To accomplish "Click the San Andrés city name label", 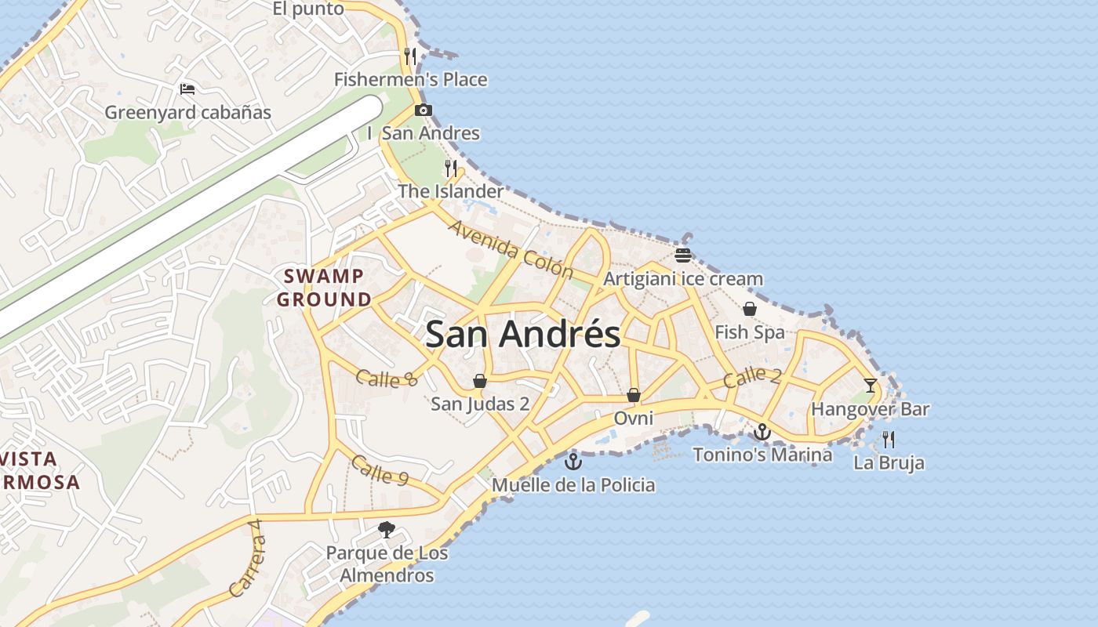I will click(x=522, y=335).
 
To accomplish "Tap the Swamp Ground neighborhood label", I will click(x=324, y=288).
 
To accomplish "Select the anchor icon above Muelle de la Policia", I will click(x=573, y=461).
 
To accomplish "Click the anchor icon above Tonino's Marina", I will click(x=762, y=431).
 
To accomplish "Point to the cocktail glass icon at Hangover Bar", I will click(x=870, y=385).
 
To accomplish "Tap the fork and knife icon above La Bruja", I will click(x=888, y=439).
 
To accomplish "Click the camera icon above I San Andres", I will click(x=424, y=110).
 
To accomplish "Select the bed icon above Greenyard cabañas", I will click(x=187, y=89).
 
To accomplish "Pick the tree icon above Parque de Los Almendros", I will click(x=386, y=530).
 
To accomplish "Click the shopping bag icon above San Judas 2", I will click(x=480, y=381).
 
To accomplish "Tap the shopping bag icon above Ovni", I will click(x=633, y=395).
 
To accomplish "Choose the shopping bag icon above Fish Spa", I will click(x=750, y=309).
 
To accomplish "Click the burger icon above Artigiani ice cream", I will click(x=682, y=256).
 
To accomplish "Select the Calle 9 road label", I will click(x=380, y=469).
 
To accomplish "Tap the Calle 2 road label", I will click(x=751, y=377).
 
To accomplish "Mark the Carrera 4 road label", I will click(x=245, y=557).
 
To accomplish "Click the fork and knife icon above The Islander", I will click(x=450, y=168).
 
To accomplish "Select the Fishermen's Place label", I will click(x=410, y=79).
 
